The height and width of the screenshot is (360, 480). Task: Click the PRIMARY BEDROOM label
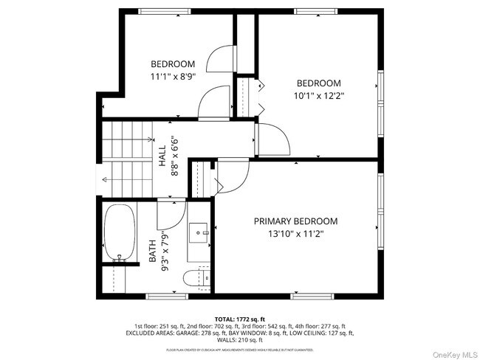(295, 221)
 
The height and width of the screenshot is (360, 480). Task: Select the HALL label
(162, 153)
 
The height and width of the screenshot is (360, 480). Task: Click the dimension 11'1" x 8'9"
(173, 76)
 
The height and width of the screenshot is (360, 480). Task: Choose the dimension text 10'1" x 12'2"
(319, 95)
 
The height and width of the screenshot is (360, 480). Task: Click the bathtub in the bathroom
(120, 233)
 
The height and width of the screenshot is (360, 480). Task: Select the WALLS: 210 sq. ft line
(239, 340)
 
